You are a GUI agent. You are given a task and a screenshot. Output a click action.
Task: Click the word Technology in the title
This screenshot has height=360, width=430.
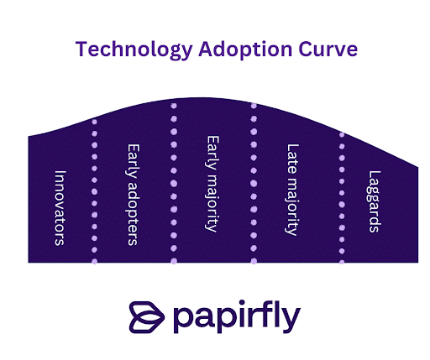click(134, 50)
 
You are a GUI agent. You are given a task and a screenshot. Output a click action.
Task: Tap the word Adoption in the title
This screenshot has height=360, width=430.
click(245, 50)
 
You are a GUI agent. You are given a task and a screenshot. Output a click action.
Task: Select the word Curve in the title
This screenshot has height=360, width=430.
click(328, 50)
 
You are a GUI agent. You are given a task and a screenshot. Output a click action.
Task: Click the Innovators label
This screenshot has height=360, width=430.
click(60, 208)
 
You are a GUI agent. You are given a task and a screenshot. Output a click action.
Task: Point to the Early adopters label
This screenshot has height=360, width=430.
click(133, 195)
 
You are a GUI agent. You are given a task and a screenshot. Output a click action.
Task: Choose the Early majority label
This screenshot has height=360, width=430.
click(212, 184)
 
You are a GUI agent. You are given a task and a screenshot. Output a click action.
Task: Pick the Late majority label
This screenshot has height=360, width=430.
click(292, 190)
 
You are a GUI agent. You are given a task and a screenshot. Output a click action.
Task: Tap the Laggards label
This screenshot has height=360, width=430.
click(375, 201)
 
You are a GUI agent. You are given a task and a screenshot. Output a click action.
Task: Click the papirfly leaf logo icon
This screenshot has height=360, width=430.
click(147, 317)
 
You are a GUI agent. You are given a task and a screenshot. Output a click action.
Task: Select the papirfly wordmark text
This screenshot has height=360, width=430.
click(237, 316)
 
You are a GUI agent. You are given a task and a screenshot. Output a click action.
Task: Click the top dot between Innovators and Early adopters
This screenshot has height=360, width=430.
click(94, 122)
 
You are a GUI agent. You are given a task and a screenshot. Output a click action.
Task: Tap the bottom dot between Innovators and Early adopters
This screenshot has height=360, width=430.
click(94, 261)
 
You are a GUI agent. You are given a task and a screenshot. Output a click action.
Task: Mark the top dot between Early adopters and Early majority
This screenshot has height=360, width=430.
click(174, 106)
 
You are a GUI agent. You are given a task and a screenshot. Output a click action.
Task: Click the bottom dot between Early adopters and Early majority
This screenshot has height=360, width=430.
click(174, 261)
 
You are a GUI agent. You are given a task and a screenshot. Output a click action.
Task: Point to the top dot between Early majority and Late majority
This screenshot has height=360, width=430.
click(254, 106)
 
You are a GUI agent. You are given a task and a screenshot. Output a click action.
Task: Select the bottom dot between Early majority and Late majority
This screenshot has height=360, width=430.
click(254, 261)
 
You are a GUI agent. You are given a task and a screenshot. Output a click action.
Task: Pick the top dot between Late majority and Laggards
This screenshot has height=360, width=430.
click(342, 135)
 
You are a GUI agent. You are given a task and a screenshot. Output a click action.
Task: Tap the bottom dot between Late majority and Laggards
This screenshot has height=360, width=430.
click(342, 262)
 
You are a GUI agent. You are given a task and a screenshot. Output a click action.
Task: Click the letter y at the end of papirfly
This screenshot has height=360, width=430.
click(292, 321)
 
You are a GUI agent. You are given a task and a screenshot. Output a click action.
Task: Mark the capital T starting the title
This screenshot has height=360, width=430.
click(81, 50)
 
